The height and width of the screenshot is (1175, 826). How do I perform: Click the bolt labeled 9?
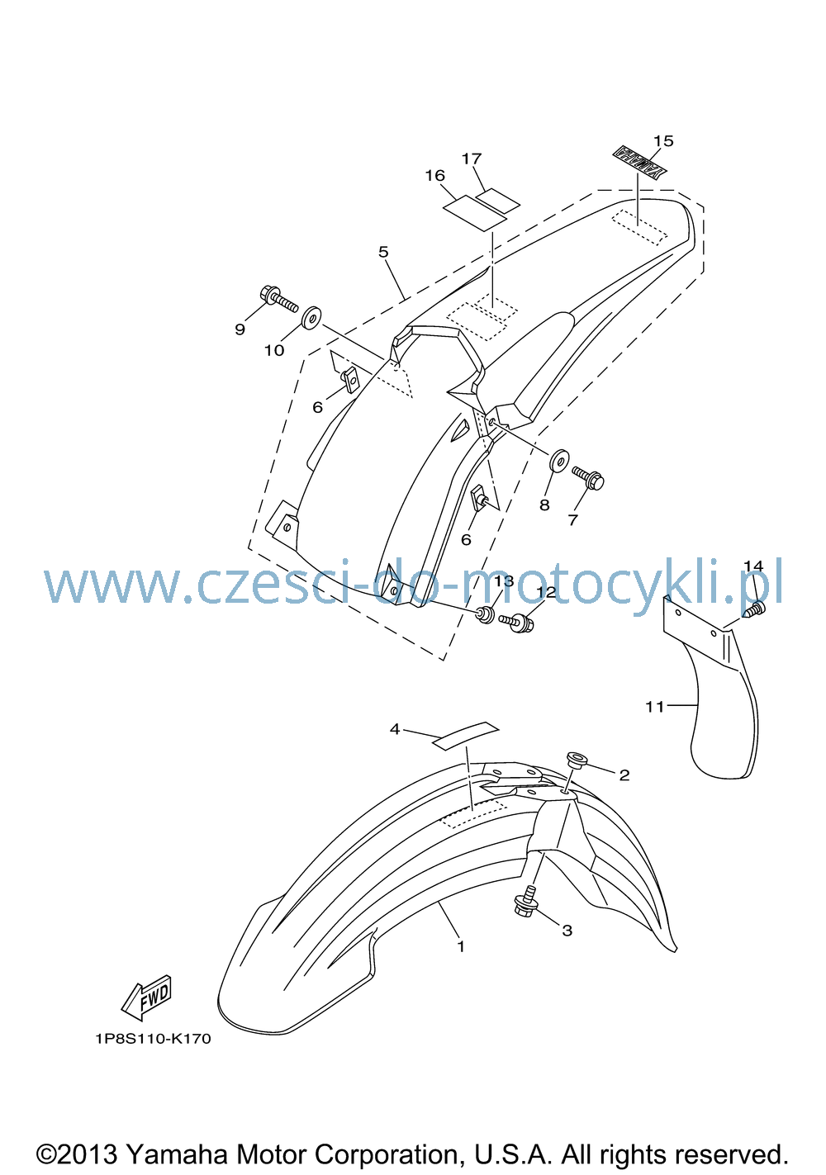[x=278, y=299]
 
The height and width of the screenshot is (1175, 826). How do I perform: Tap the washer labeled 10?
[x=311, y=318]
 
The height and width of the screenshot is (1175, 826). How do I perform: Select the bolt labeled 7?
[x=589, y=476]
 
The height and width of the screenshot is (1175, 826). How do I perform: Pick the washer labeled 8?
[x=558, y=460]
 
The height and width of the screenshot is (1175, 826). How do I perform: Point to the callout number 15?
[x=662, y=140]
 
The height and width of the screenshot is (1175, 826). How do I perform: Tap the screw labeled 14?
[x=755, y=609]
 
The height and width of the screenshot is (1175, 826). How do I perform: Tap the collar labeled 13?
[x=486, y=614]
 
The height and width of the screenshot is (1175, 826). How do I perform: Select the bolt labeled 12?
[x=517, y=623]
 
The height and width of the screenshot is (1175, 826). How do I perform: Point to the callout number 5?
[x=383, y=252]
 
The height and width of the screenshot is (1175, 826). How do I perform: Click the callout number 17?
[x=472, y=159]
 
